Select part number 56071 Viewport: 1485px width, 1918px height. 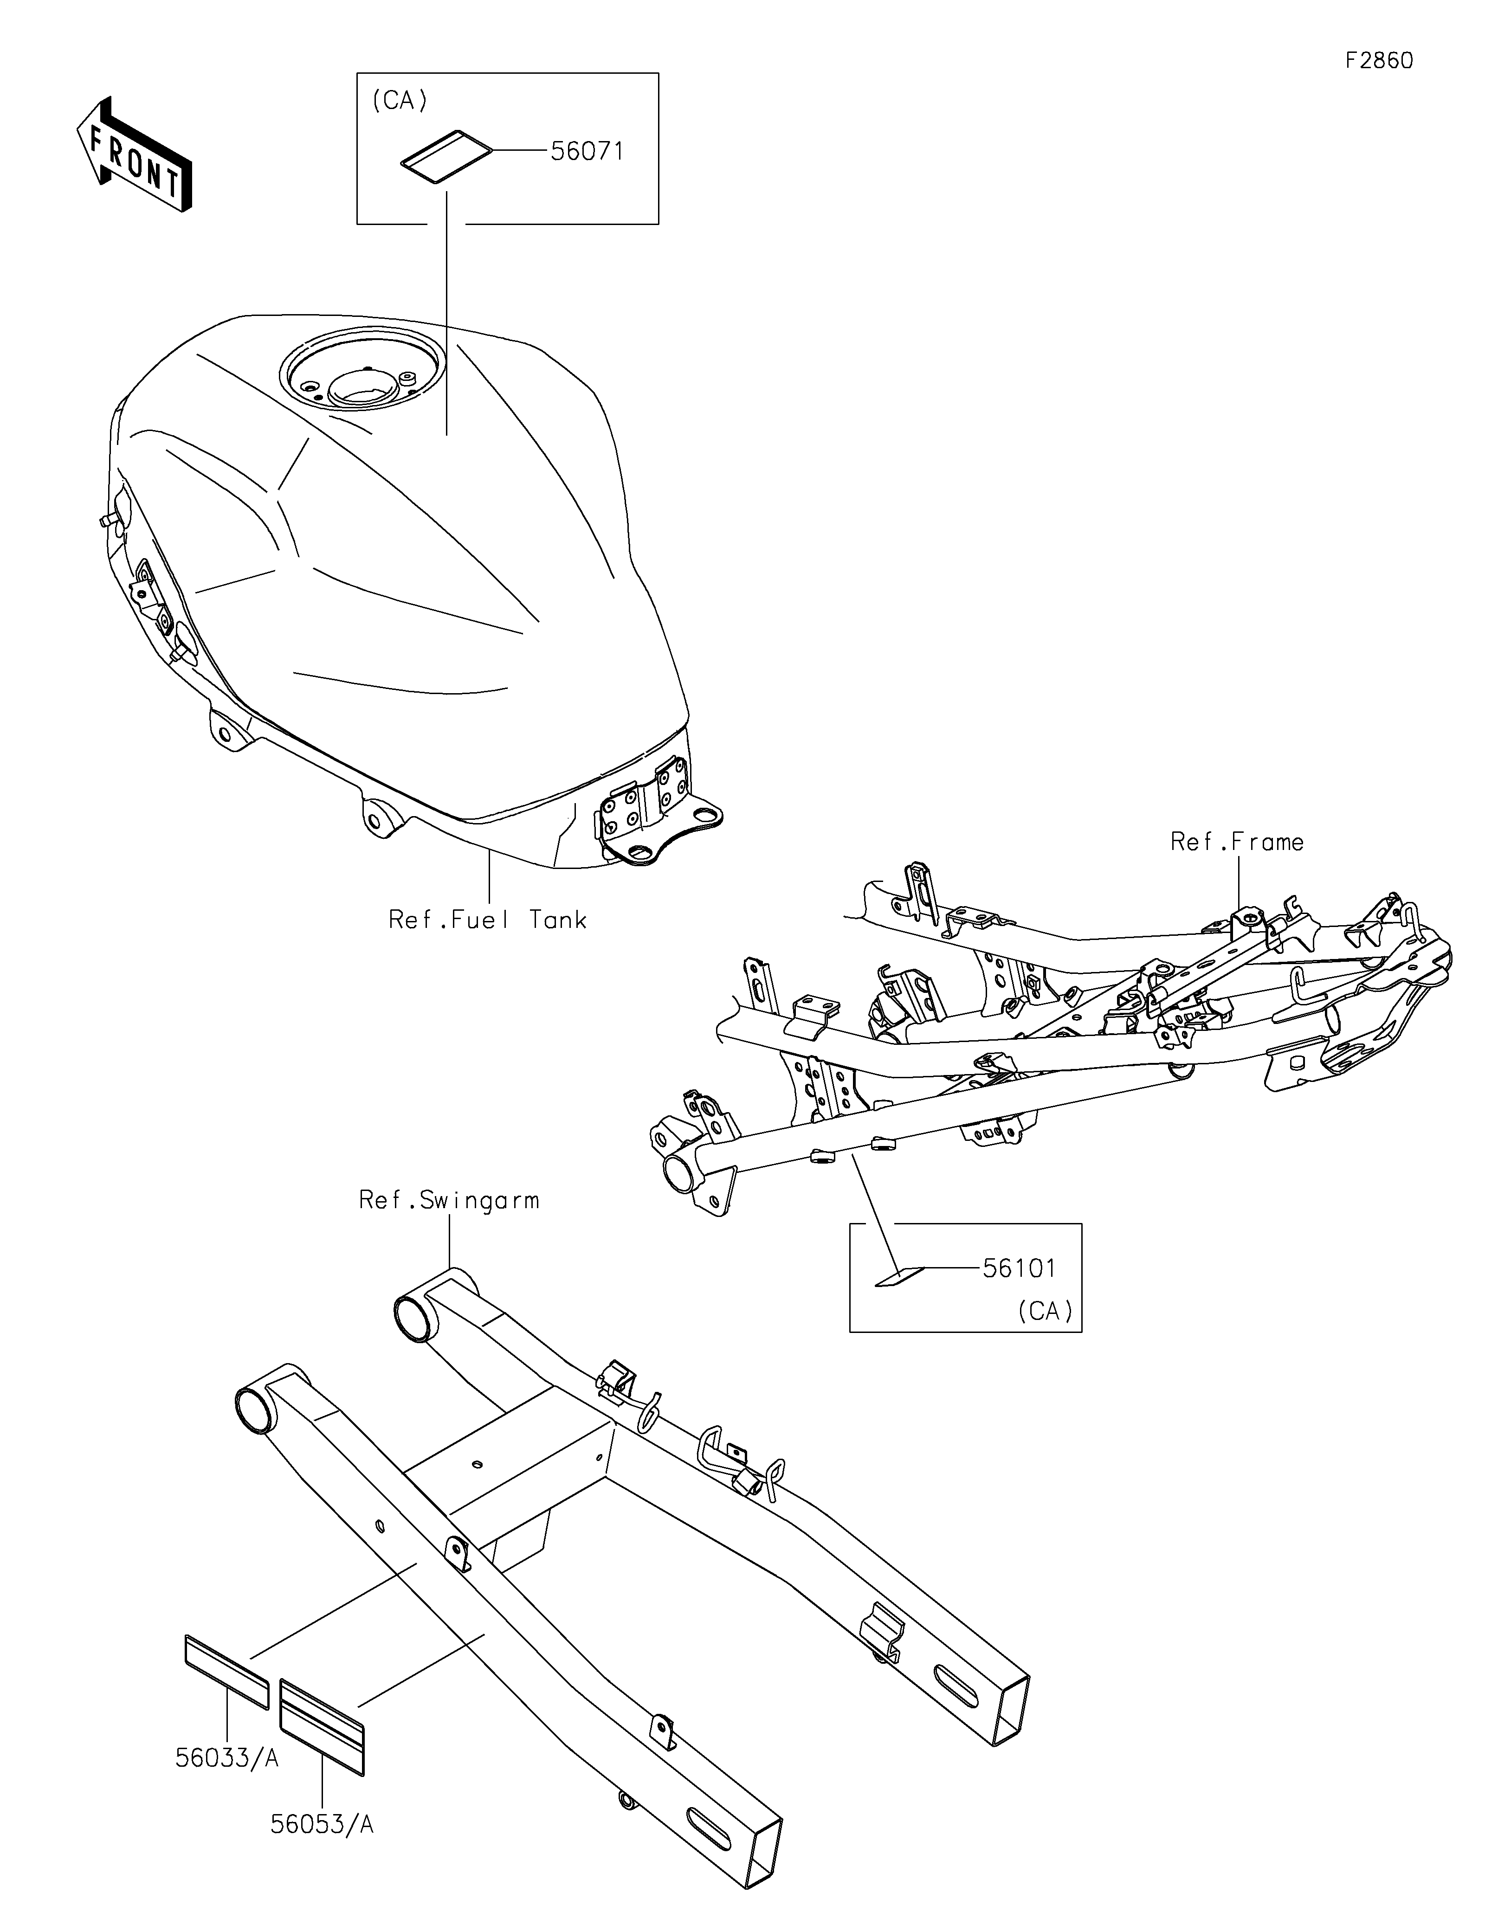pyautogui.click(x=587, y=152)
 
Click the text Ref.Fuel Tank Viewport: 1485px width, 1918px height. pyautogui.click(x=487, y=920)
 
